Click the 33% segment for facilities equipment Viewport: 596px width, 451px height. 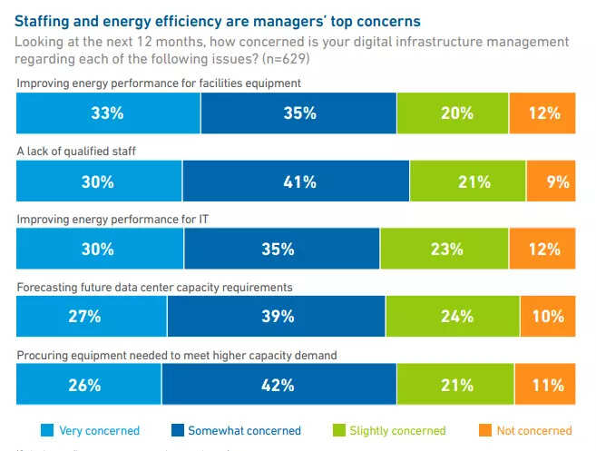pos(108,113)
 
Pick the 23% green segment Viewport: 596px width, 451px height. pos(445,249)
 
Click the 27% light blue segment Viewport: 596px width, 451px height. pos(92,316)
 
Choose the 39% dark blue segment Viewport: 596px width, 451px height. pos(277,316)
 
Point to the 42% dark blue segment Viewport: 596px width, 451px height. pos(278,384)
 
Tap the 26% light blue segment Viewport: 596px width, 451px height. pos(89,384)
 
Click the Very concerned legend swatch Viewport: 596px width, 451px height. pos(47,430)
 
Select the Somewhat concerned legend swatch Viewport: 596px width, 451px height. pos(178,430)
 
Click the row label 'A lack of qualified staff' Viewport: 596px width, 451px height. pos(76,151)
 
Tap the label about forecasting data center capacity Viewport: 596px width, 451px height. pos(154,287)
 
